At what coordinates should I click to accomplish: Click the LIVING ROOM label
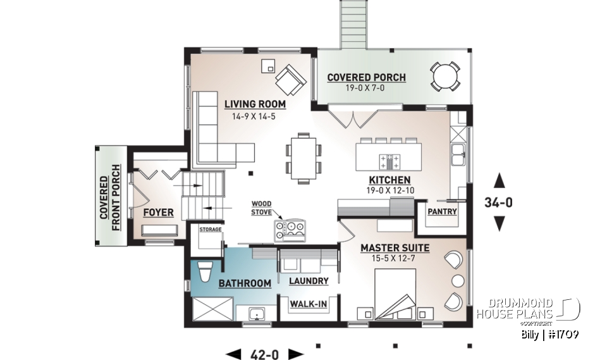(255, 104)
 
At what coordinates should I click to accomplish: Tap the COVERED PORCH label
(366, 78)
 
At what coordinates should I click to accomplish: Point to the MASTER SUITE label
(395, 248)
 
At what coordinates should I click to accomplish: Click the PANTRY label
(443, 211)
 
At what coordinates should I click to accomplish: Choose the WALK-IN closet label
(308, 305)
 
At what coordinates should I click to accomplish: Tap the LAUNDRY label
(308, 281)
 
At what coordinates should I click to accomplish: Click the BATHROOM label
(245, 283)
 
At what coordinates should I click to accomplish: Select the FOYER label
(158, 212)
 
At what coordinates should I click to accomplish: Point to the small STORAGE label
(211, 229)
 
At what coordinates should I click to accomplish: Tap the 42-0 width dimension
(265, 354)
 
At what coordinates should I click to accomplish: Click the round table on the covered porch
(446, 77)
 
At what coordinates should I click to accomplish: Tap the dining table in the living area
(303, 158)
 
